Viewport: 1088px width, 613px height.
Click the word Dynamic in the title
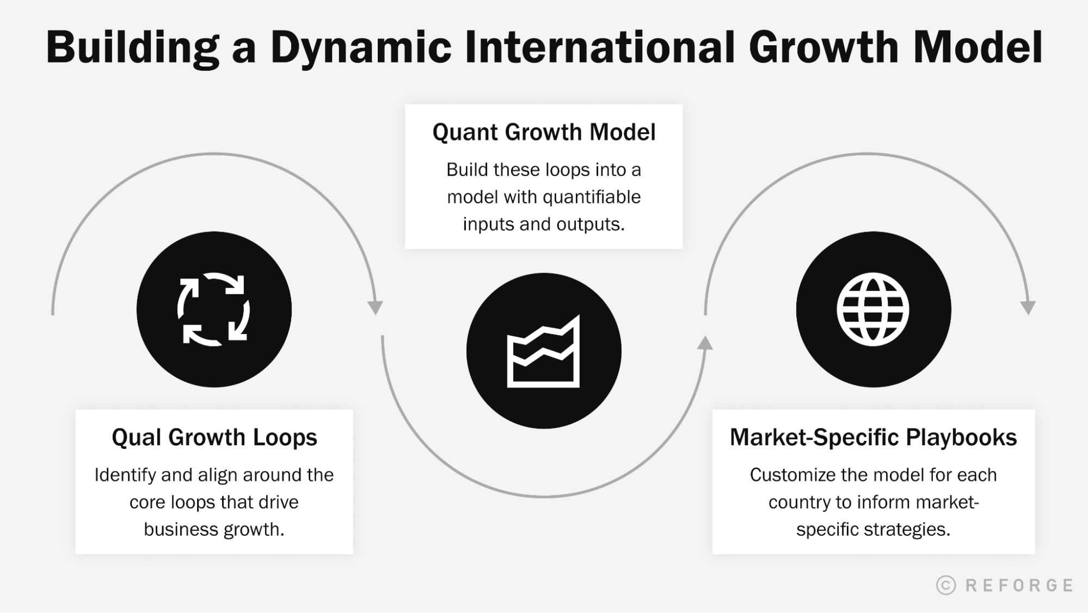[360, 48]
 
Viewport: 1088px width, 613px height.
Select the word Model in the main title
[977, 47]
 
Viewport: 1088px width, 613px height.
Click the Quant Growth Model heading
[544, 132]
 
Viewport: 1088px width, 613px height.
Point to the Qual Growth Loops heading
[214, 438]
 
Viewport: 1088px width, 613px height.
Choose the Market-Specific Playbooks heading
[873, 438]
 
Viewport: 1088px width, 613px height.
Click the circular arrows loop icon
[214, 309]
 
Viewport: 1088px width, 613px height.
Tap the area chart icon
[543, 351]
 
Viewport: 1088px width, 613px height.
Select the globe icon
[873, 309]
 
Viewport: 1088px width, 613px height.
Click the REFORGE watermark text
[1019, 585]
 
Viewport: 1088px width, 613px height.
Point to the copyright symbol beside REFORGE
[946, 585]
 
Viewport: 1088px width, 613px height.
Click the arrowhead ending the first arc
[375, 307]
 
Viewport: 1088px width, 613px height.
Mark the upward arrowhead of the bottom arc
[705, 343]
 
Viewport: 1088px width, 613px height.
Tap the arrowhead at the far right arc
[1028, 307]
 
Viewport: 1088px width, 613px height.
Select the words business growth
[214, 529]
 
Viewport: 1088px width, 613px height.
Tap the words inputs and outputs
[543, 224]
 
